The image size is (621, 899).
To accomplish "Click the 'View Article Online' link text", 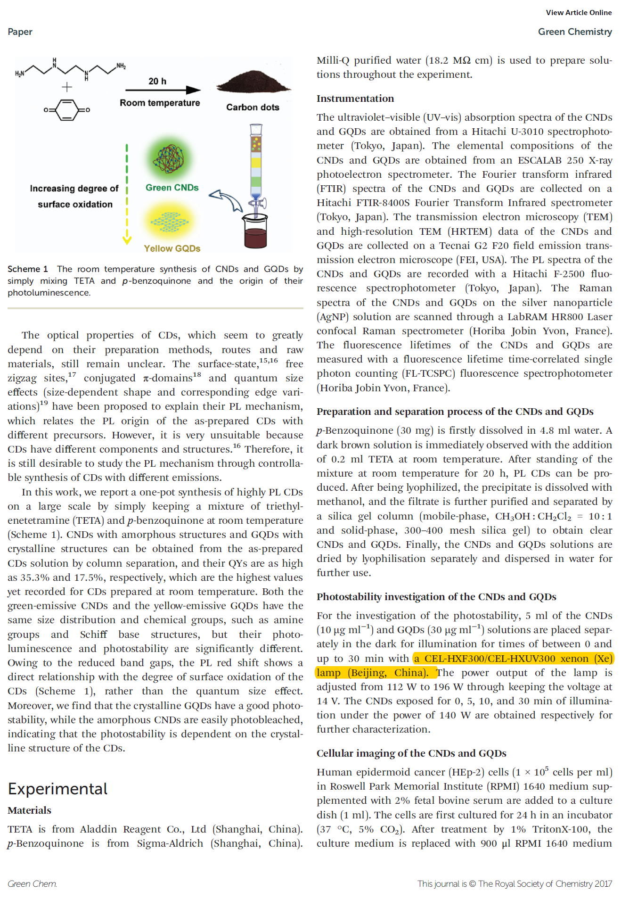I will [578, 13].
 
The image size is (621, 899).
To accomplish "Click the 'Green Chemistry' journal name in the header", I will [574, 32].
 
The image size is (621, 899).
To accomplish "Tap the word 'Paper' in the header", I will [20, 32].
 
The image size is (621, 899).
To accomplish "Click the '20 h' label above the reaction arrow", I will [157, 81].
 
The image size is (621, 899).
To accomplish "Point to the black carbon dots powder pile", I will [253, 83].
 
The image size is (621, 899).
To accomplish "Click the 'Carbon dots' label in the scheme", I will [253, 107].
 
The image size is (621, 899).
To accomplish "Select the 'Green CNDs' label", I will [172, 187].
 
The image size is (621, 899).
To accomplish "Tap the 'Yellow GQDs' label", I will [172, 248].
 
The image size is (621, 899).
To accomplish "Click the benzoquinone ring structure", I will [67, 110].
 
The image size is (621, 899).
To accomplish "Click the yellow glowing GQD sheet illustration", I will [169, 221].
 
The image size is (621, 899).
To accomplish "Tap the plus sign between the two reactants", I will [67, 87].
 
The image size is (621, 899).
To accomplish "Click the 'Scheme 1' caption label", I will [28, 269].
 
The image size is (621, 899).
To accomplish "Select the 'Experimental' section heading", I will [57, 789].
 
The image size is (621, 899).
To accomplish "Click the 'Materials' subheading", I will [29, 810].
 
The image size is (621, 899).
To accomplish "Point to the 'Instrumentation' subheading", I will [355, 98].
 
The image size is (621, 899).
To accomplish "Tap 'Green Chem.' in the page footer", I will [32, 883].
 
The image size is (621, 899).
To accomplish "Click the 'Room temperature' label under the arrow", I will [160, 103].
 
